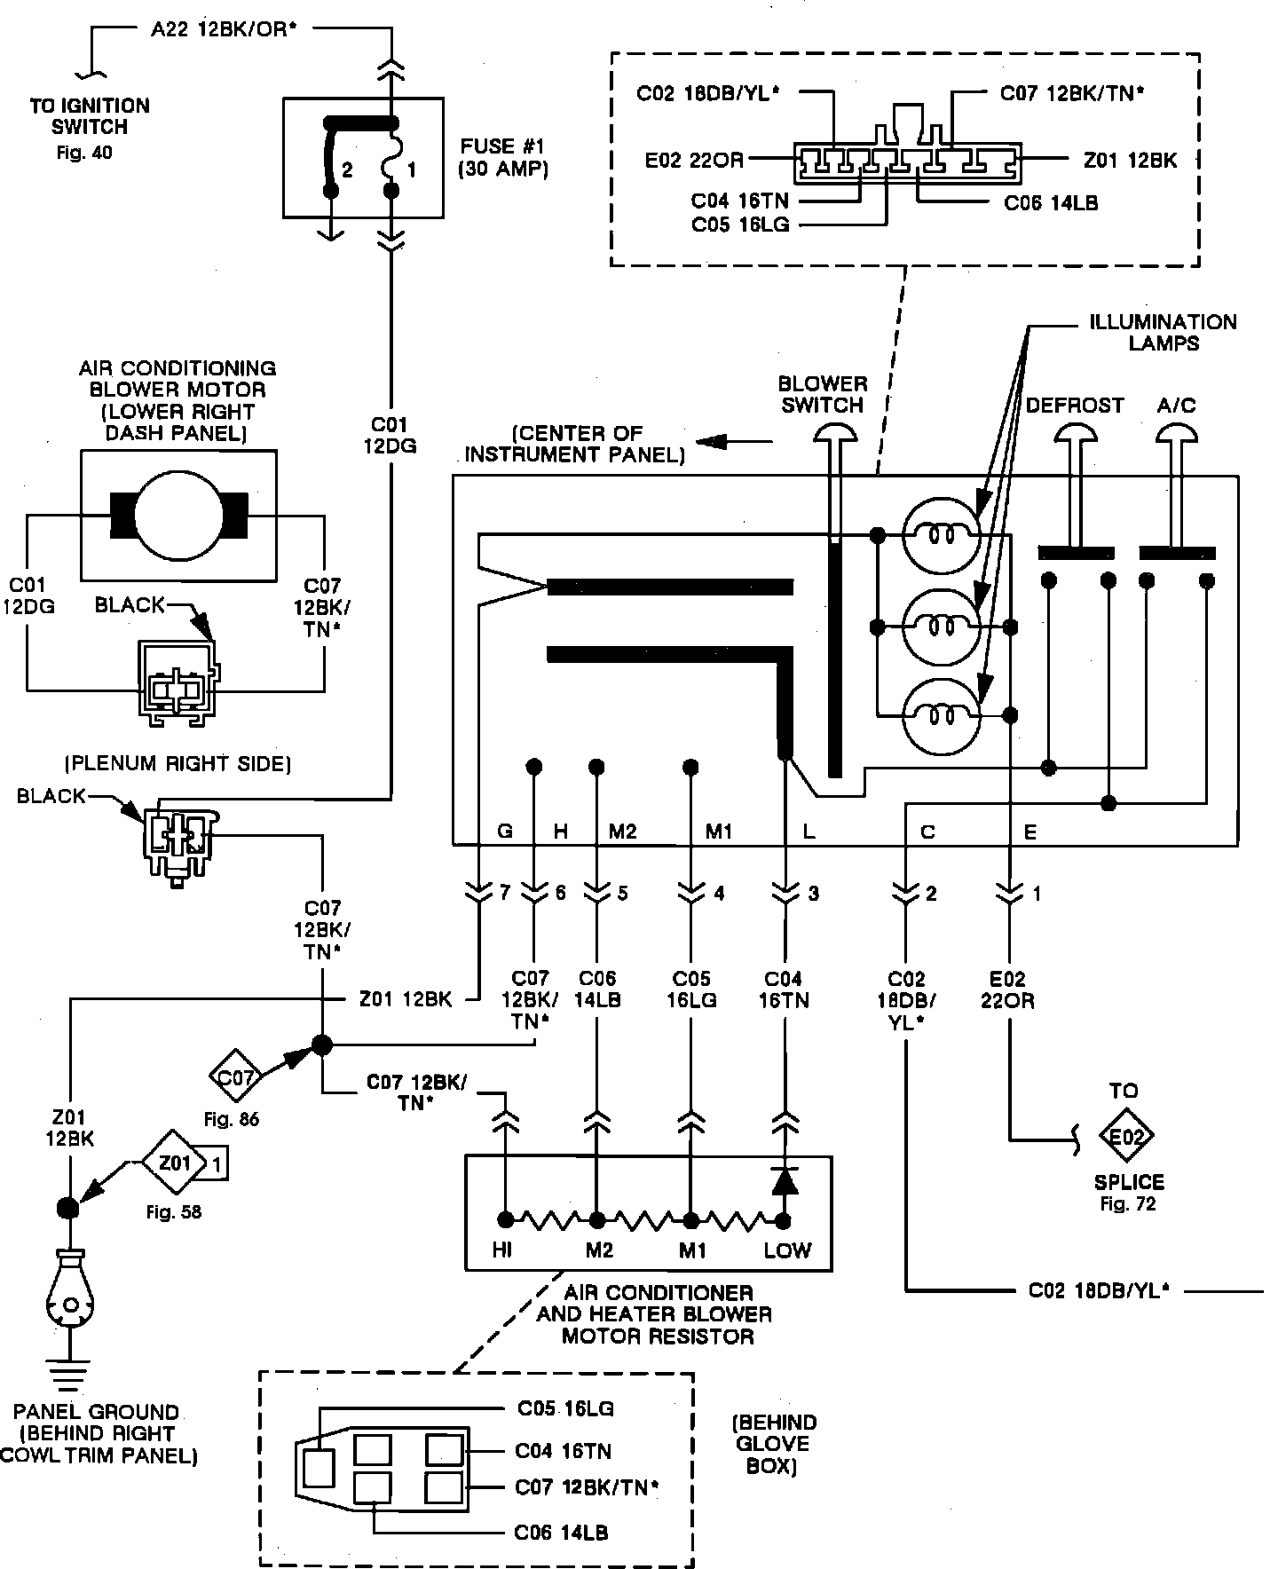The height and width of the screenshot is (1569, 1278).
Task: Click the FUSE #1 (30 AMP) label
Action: pyautogui.click(x=502, y=157)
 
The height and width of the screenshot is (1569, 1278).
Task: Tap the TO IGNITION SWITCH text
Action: pyautogui.click(x=90, y=116)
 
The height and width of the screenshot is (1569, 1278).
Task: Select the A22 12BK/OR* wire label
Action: pyautogui.click(x=222, y=29)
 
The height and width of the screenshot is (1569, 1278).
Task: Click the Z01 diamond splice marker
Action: pyautogui.click(x=175, y=1163)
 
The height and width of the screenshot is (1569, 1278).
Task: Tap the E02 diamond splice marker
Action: pyautogui.click(x=1125, y=1136)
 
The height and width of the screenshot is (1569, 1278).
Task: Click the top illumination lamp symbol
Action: pyautogui.click(x=941, y=535)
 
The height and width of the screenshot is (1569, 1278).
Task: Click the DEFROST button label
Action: pyautogui.click(x=1075, y=406)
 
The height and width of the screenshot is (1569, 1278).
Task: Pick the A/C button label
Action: pyautogui.click(x=1177, y=406)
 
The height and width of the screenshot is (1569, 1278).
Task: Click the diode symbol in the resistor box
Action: pyautogui.click(x=784, y=1181)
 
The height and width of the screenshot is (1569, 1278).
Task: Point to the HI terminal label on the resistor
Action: pyautogui.click(x=502, y=1250)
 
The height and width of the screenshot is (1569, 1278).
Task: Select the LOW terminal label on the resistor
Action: pyautogui.click(x=787, y=1250)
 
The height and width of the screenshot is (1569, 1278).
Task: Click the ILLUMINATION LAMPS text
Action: pyautogui.click(x=1163, y=332)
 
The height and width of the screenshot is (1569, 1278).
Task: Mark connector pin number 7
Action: pyautogui.click(x=504, y=894)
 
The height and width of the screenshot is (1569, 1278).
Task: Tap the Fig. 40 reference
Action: pyautogui.click(x=84, y=153)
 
